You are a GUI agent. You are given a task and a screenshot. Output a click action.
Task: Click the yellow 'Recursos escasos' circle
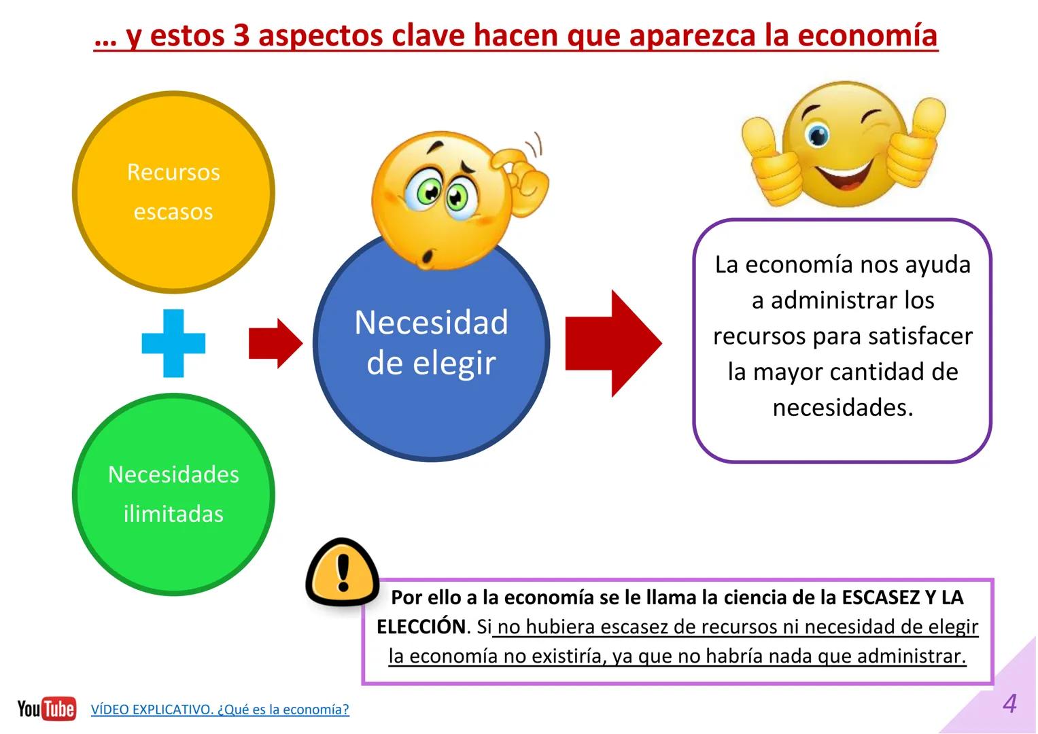173,192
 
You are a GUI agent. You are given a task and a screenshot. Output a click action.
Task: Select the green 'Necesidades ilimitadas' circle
173,494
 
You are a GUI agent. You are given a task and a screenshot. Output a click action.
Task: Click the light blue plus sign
173,343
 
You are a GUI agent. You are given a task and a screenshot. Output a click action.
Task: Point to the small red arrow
275,343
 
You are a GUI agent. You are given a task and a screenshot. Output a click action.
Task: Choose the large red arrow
612,343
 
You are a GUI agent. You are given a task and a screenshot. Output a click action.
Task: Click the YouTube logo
46,709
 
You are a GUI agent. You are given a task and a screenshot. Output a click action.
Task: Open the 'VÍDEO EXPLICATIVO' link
220,710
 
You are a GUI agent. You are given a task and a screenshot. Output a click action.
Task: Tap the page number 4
1009,703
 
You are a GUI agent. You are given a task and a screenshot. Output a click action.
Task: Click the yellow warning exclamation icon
342,572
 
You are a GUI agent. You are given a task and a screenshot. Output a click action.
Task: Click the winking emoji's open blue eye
817,135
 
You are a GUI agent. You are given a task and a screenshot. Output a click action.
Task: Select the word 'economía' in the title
868,35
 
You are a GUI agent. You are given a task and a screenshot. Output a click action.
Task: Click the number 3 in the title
242,35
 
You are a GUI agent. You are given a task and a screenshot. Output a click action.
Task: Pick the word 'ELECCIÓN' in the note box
421,627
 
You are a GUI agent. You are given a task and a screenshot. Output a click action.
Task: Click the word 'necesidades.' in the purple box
843,407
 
